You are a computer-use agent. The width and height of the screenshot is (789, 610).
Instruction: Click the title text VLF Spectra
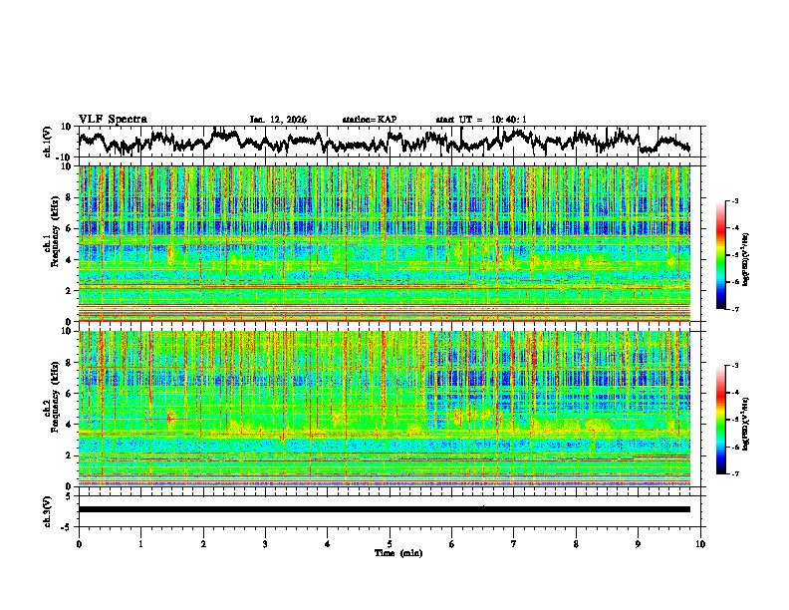[x=113, y=119]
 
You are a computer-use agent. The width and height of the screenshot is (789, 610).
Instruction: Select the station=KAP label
[x=370, y=120]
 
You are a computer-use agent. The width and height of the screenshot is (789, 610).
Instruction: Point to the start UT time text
[x=481, y=120]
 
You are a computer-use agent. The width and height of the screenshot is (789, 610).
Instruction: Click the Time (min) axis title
[x=390, y=552]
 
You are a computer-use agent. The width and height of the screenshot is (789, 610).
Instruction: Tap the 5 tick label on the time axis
[x=390, y=543]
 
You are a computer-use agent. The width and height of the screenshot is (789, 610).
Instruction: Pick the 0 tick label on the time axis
[x=79, y=543]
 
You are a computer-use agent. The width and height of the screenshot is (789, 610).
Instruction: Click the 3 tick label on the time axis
[x=265, y=543]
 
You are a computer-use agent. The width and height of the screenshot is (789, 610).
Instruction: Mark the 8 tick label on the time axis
[x=576, y=543]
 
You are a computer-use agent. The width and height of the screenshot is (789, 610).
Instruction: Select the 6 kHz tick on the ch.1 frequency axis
[x=70, y=228]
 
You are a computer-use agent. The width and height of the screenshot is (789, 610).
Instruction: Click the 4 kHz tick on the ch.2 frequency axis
[x=70, y=424]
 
